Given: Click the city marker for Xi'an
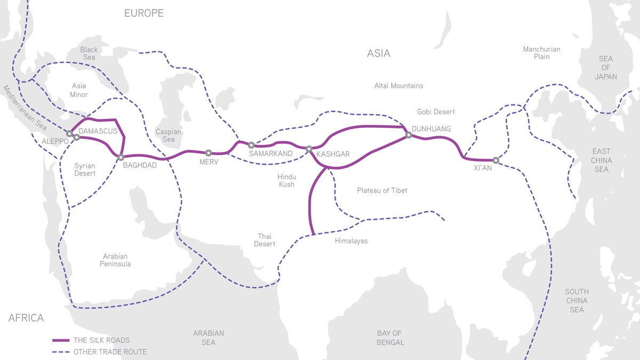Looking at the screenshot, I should coord(495,160).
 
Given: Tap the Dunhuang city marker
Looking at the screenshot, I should coord(409,135).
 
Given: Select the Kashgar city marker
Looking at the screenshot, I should coord(309,149).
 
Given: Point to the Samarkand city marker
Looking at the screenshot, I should coord(251,145).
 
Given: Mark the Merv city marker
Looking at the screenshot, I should coord(209,153).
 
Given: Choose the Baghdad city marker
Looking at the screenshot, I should coord(121,157).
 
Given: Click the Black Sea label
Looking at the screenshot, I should coord(89,53).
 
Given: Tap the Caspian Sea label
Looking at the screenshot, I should coord(169,135).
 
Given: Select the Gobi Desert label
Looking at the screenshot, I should coord(436,111).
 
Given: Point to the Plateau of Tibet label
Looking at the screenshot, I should coord(382,190).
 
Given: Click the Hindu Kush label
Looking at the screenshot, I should coord(286,180).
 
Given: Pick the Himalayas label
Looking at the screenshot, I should coord(351,241).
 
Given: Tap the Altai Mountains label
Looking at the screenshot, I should coord(398,86).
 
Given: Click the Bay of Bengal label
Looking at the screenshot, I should coord(389,338).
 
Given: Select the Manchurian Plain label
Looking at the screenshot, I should coord(541,53).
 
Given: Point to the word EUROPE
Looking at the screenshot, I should coord(144,13).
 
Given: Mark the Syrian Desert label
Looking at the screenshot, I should coord(85,170).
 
